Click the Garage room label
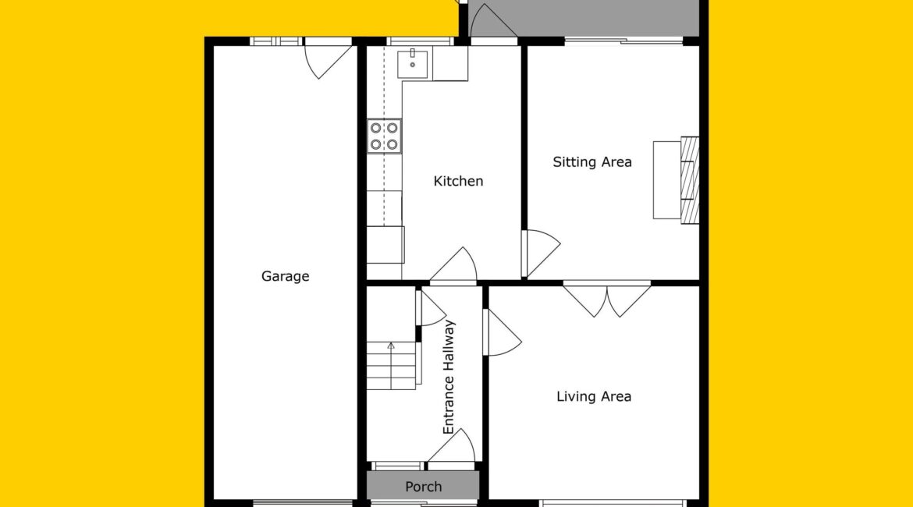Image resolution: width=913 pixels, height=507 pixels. point(285,276)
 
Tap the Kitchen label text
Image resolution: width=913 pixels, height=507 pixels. point(458,181)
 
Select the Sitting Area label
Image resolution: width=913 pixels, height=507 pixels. point(592,161)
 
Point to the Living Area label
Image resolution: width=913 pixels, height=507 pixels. point(594,396)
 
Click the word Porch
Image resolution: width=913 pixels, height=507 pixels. point(423,487)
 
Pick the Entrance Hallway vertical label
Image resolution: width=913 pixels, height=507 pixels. point(449,378)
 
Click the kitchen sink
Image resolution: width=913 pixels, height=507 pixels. point(412,64)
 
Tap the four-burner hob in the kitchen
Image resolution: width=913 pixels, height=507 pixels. point(384,136)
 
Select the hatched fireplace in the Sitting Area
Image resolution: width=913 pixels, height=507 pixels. point(690,180)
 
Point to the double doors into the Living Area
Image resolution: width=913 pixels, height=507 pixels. point(607,300)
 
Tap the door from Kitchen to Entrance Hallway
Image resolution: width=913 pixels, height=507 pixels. point(453,265)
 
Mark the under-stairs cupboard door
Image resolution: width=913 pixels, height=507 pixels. point(431,308)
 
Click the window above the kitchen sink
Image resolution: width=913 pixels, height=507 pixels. point(420,41)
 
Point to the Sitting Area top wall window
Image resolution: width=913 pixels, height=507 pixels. point(623,41)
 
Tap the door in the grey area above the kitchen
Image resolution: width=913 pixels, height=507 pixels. point(493,22)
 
